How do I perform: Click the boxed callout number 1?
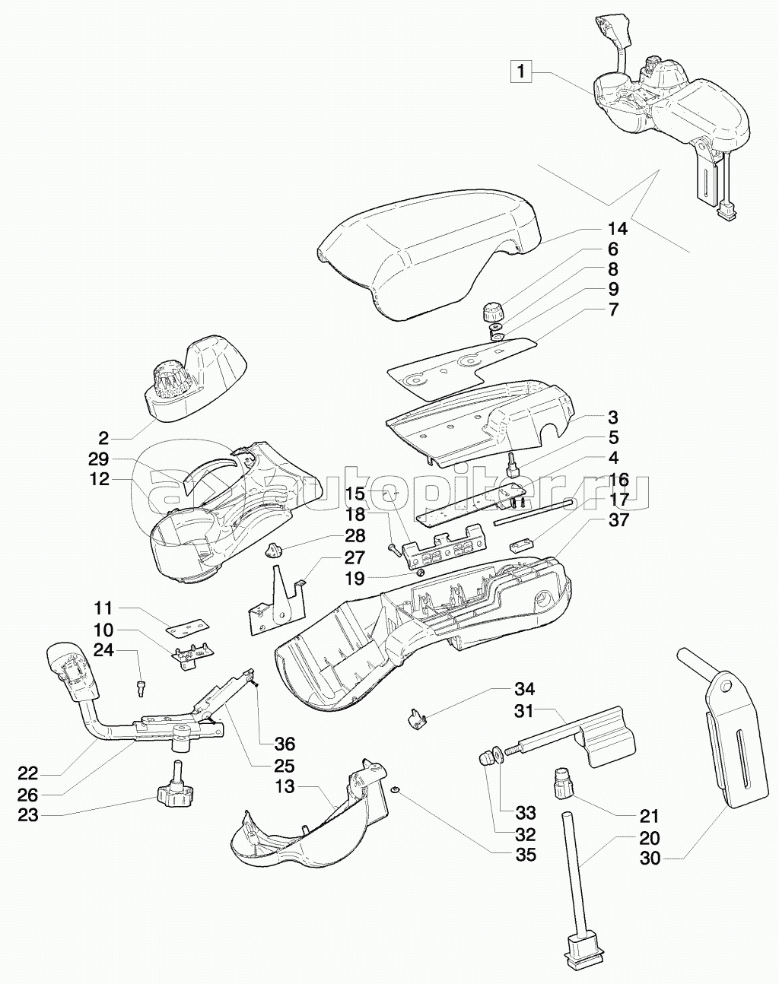(x=521, y=72)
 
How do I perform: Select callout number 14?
(x=617, y=229)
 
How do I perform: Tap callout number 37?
(x=617, y=520)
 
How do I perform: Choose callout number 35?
(x=525, y=855)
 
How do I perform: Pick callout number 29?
(x=99, y=459)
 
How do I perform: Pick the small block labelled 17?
(x=522, y=545)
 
